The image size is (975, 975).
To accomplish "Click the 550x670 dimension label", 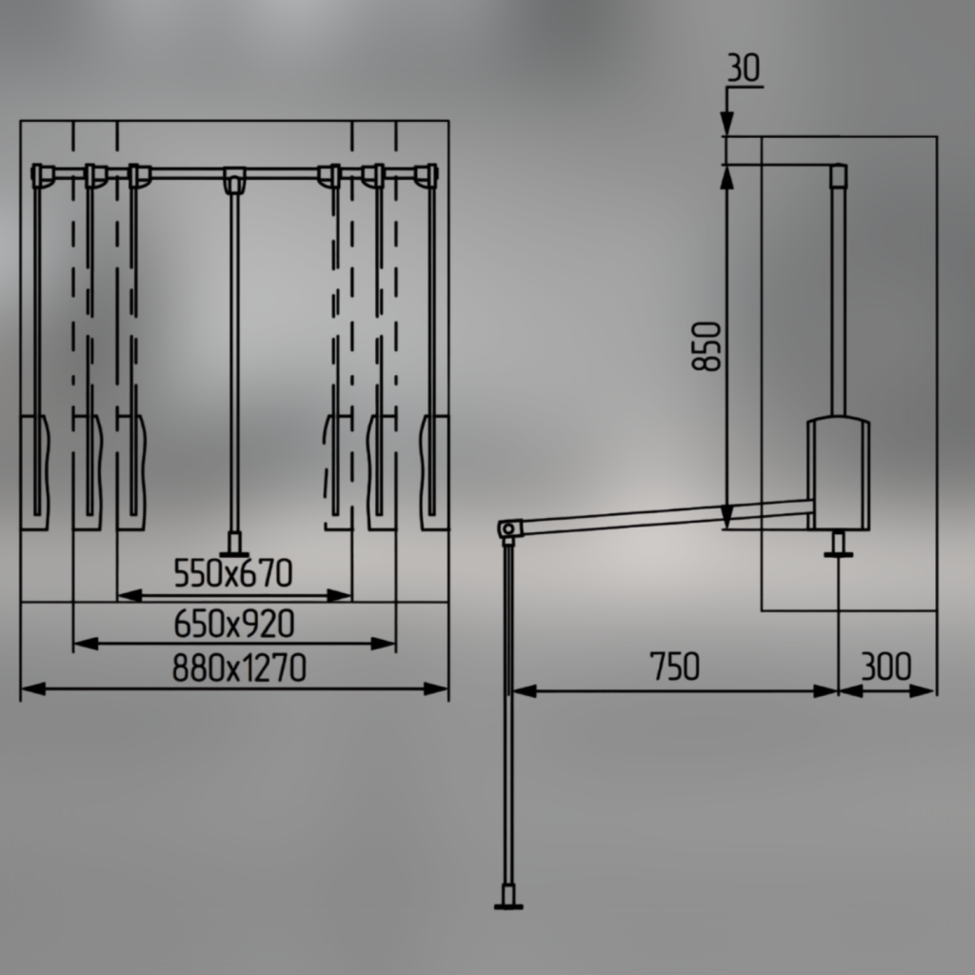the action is point(233,573).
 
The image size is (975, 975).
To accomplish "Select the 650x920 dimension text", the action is point(234,624).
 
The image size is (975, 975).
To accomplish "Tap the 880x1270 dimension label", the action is point(239,668).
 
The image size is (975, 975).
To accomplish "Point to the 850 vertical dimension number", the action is point(707,347).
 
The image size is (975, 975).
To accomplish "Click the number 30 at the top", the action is point(744,68).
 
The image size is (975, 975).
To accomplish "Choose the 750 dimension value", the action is point(675,666).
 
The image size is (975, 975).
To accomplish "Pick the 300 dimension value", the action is point(886,666).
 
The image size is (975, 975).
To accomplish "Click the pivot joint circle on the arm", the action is point(508,529).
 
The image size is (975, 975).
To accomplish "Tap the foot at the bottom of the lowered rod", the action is point(508,899).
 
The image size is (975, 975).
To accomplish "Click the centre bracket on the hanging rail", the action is point(234,179).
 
